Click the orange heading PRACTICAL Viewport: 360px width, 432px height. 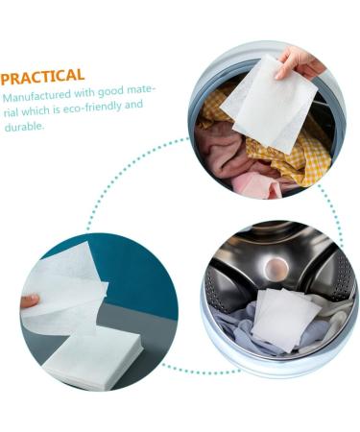tap(43, 75)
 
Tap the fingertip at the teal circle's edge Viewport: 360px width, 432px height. tap(30, 300)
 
